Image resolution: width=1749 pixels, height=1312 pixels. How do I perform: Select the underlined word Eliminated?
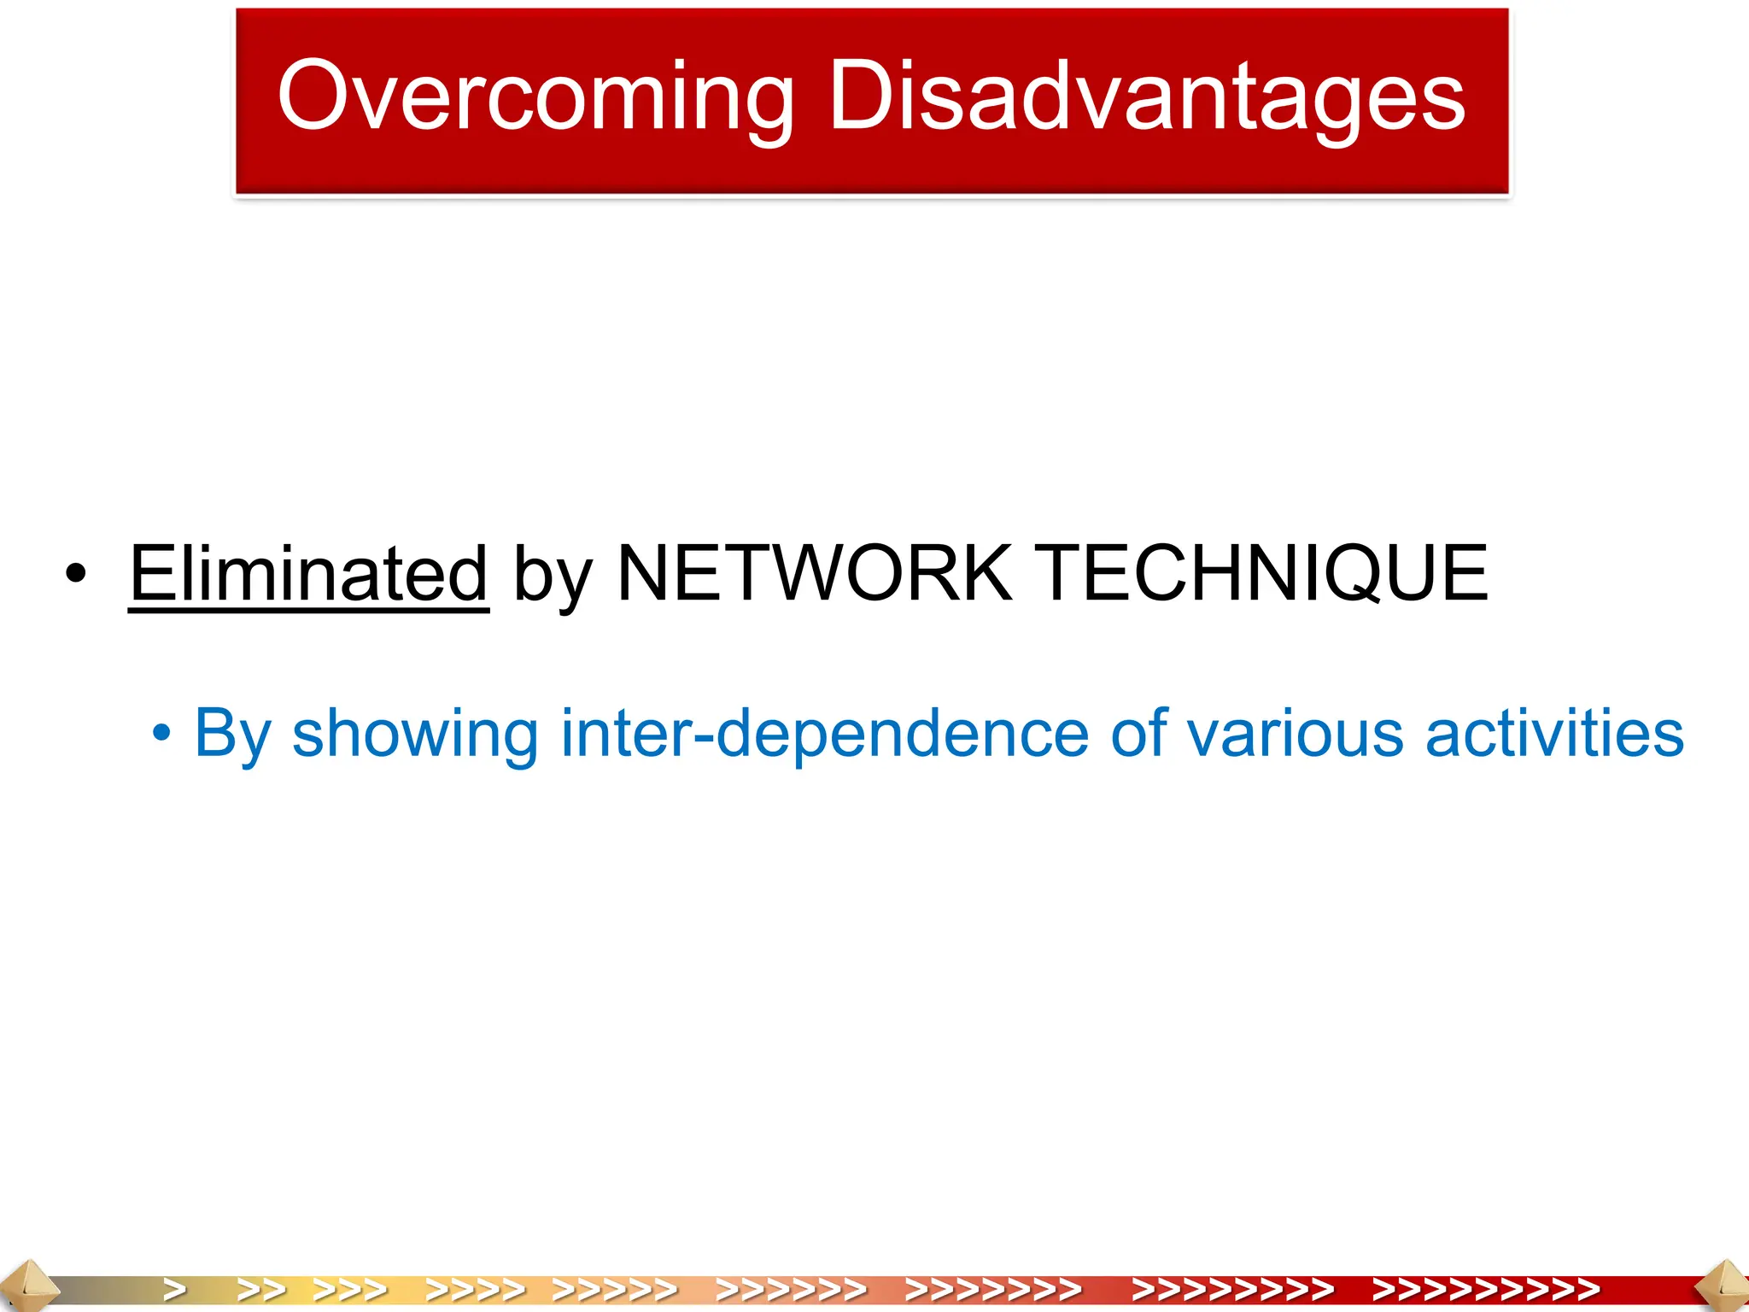(x=308, y=573)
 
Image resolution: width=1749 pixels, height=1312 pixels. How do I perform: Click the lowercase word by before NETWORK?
(x=553, y=576)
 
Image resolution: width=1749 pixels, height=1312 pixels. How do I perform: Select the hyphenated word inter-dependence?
(x=825, y=733)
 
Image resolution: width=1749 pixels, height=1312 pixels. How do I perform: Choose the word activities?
(x=1554, y=733)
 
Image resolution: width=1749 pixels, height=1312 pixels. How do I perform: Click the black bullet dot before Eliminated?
(x=76, y=574)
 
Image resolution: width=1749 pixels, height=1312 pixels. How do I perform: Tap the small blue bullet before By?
(x=161, y=733)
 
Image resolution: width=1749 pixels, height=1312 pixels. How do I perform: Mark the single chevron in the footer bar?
(x=175, y=1289)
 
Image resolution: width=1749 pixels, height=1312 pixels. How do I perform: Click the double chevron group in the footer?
(x=261, y=1289)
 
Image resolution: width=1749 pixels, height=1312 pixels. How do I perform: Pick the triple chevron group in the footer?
(x=350, y=1289)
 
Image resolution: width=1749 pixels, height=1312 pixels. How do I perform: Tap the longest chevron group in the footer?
(x=1486, y=1289)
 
